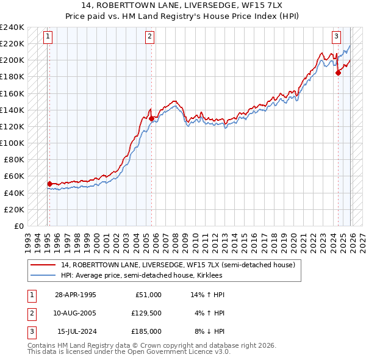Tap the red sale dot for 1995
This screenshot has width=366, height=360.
click(49, 183)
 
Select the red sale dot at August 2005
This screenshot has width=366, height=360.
click(151, 118)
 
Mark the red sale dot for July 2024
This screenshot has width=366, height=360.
click(338, 73)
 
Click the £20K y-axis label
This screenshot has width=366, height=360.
click(15, 209)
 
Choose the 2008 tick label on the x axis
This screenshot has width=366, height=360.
click(175, 238)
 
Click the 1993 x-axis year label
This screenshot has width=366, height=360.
click(28, 238)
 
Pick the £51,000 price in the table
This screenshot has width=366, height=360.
click(149, 295)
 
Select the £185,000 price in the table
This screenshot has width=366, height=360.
click(146, 331)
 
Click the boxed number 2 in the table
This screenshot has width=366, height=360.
click(30, 313)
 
